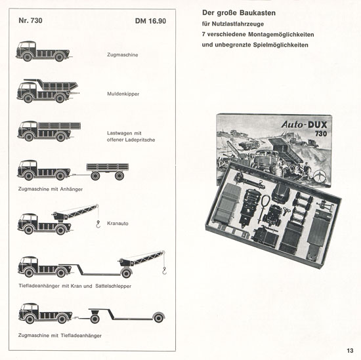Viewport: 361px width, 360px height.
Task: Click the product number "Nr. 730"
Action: [30, 20]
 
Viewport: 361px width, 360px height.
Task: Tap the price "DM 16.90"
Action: [150, 21]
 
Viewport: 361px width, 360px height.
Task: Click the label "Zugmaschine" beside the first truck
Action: [123, 54]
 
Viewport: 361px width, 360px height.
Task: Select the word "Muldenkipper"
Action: [123, 94]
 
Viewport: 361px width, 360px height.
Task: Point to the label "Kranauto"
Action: [117, 224]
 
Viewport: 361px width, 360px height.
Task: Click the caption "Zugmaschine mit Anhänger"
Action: [51, 189]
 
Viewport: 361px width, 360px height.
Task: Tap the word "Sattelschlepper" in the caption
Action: [114, 286]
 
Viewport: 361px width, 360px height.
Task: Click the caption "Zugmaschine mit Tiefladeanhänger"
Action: [60, 335]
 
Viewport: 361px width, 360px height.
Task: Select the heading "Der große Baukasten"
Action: [239, 13]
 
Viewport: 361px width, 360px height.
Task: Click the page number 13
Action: [350, 351]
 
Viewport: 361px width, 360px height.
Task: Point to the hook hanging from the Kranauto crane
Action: [98, 224]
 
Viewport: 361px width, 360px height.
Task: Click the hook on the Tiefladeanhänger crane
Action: [164, 271]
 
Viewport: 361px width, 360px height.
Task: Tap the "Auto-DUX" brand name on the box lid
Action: [304, 125]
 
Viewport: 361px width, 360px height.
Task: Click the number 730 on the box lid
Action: [321, 134]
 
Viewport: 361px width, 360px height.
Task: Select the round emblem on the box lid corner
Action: [320, 177]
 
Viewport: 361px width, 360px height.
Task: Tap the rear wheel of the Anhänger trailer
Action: [119, 176]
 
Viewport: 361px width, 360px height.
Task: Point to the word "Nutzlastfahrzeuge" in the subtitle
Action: [238, 24]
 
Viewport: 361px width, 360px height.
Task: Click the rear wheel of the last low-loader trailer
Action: [159, 318]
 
